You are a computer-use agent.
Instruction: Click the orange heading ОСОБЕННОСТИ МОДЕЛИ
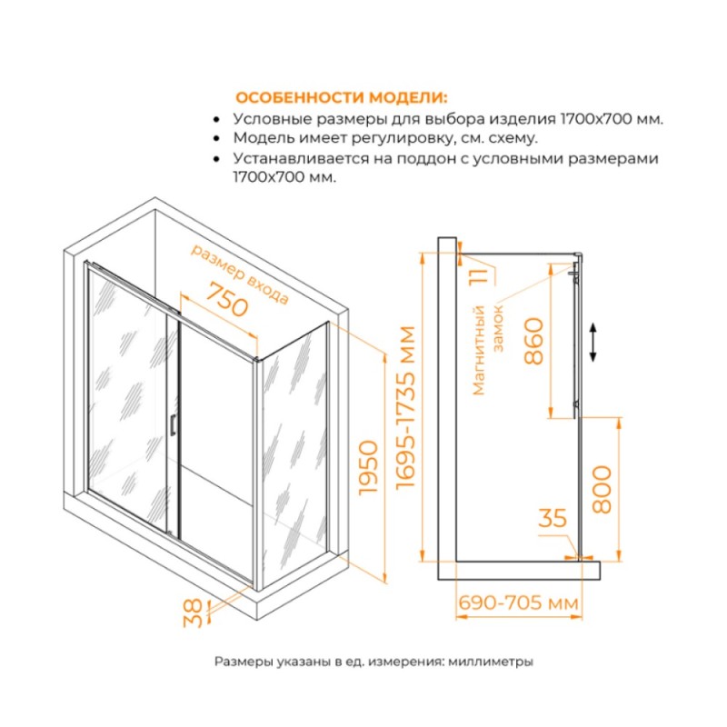(x=342, y=98)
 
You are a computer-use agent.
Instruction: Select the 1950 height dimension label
(x=370, y=467)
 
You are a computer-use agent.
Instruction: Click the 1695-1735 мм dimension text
(x=406, y=407)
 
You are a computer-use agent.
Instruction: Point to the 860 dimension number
(x=533, y=341)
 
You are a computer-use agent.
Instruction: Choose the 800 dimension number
(x=602, y=489)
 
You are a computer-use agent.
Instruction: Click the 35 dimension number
(x=553, y=518)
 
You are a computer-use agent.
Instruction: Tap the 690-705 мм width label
(x=518, y=603)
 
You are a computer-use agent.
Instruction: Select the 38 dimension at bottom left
(x=193, y=612)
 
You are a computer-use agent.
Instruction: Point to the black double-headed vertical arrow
(x=593, y=343)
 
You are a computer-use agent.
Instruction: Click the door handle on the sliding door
(x=172, y=424)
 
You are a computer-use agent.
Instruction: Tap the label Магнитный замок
(x=486, y=350)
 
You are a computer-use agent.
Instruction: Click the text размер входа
(x=240, y=274)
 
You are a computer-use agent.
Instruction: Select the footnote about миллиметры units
(x=373, y=662)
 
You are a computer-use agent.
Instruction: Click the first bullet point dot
(x=215, y=120)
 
